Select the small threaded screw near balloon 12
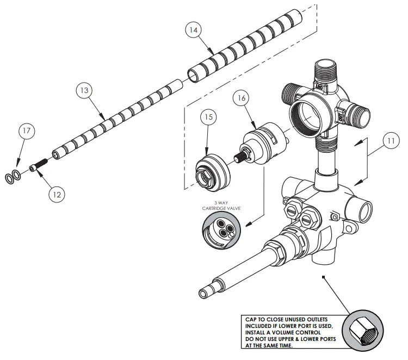tap(40, 166)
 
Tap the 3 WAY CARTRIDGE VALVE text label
tap(220, 205)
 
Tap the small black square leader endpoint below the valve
tap(324, 277)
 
